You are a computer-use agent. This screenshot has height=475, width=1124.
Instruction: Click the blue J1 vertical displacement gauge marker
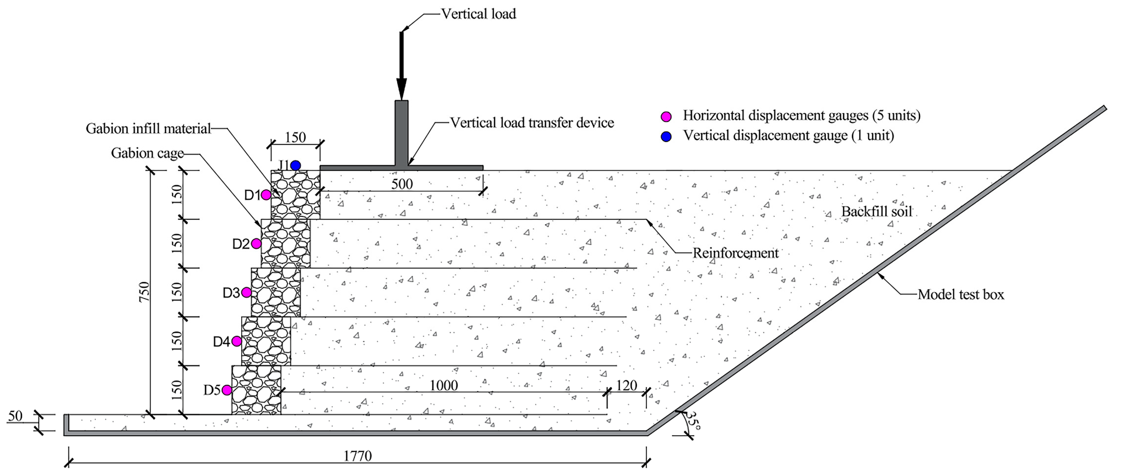click(295, 166)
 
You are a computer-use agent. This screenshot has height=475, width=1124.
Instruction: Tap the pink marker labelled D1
click(266, 195)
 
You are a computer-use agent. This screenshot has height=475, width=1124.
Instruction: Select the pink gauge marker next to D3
click(246, 292)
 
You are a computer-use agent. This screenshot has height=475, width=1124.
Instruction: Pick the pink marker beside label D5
click(227, 390)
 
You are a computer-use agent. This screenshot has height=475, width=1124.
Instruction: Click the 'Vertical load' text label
click(478, 14)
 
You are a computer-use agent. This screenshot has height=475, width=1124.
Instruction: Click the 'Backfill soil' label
click(876, 212)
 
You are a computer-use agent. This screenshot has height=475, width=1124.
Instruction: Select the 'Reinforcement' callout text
click(735, 253)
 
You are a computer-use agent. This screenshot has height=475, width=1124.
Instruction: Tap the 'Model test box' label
click(961, 294)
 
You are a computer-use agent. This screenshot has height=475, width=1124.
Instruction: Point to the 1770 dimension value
click(357, 456)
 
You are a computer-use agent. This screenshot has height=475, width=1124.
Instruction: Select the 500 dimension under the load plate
click(401, 184)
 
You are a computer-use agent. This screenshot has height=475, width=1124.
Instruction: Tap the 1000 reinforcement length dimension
click(443, 385)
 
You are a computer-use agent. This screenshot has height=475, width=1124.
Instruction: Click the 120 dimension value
click(626, 385)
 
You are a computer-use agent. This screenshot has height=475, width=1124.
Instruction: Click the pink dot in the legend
click(666, 116)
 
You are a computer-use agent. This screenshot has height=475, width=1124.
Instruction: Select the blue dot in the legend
click(666, 137)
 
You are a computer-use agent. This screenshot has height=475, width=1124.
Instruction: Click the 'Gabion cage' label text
click(147, 153)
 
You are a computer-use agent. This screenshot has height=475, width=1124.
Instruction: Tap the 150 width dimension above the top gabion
click(295, 138)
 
